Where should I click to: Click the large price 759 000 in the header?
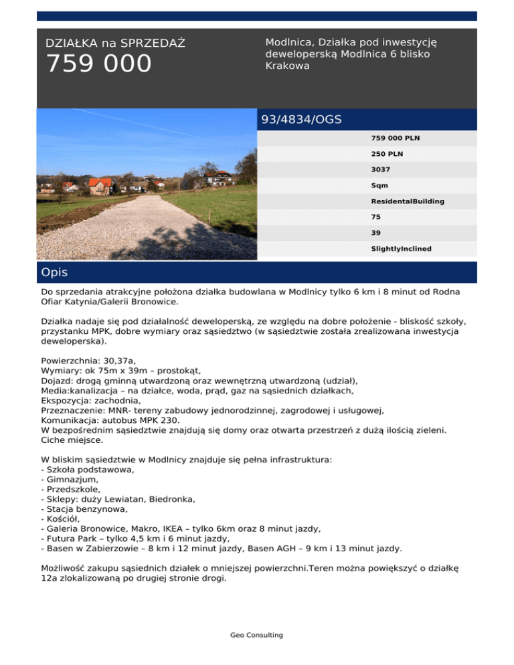point(98,64)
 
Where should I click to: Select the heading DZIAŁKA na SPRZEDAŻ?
point(115,43)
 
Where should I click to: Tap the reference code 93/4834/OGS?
point(301,120)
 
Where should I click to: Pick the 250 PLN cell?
point(387,154)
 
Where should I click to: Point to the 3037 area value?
point(381,170)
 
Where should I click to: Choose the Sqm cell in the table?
point(379,185)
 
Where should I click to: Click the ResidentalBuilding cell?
point(407,201)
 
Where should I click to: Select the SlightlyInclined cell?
point(401,248)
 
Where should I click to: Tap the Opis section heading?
point(54,272)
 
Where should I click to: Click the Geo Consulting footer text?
point(257,635)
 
